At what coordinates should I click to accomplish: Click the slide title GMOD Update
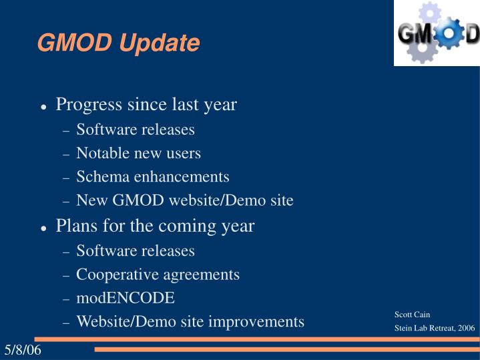click(x=118, y=43)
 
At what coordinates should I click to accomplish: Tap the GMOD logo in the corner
click(x=437, y=33)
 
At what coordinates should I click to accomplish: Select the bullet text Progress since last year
click(x=146, y=105)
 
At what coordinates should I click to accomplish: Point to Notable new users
click(x=138, y=153)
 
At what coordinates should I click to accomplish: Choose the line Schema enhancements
click(x=152, y=177)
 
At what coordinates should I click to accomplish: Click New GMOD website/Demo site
click(x=184, y=200)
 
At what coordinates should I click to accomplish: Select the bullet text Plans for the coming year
click(x=155, y=226)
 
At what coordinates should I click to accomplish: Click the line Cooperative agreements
click(x=158, y=274)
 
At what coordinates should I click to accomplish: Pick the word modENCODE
click(x=126, y=298)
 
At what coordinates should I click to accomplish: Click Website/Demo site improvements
click(x=190, y=321)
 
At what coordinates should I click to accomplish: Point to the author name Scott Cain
click(x=412, y=315)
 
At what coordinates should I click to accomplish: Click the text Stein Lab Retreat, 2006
click(x=435, y=328)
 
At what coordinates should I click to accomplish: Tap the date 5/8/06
click(x=23, y=350)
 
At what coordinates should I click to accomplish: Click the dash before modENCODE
click(x=66, y=299)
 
